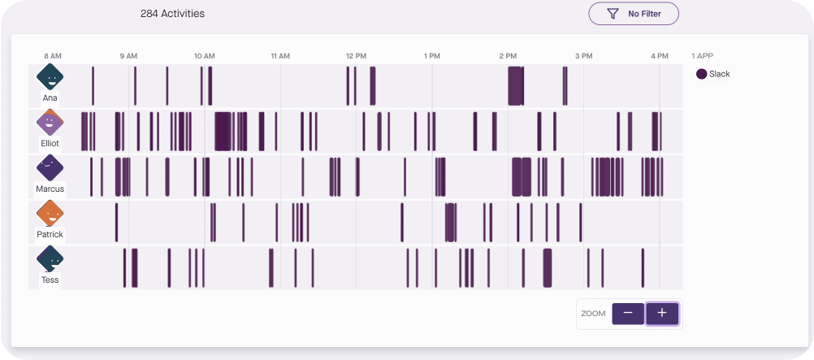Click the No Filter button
[634, 14]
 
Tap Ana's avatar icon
[50, 78]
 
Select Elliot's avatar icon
[50, 124]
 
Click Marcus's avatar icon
[50, 169]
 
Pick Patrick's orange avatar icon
[50, 215]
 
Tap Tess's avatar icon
[50, 260]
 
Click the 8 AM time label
[53, 56]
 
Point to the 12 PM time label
[356, 56]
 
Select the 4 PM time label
[660, 56]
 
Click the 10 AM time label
[205, 56]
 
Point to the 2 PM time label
[508, 56]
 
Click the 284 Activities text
[172, 14]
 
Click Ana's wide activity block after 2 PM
[515, 85]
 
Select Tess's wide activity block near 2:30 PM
[548, 267]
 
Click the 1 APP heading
[703, 56]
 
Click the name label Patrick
[50, 235]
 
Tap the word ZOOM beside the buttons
[593, 314]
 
